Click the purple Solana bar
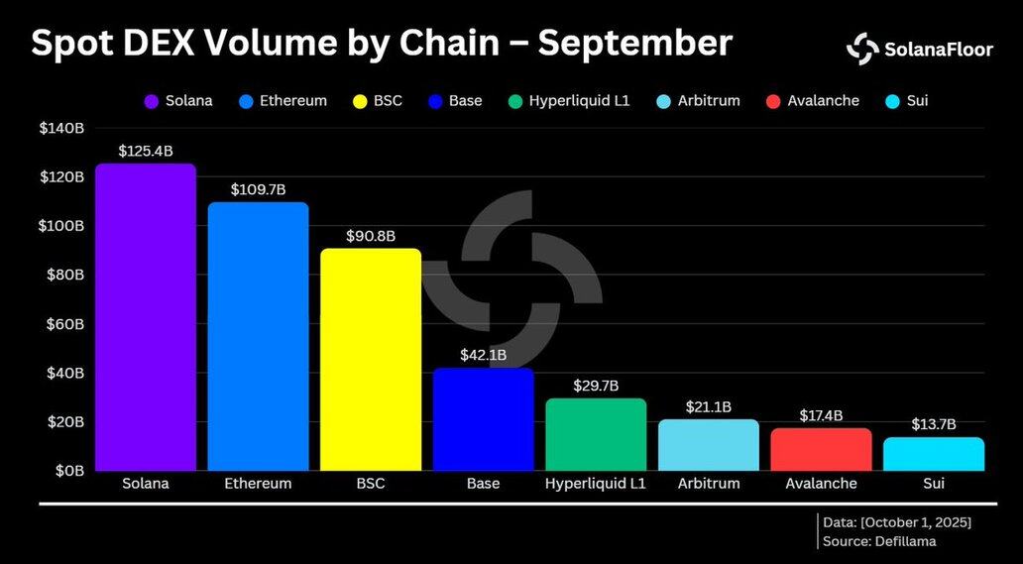[145, 317]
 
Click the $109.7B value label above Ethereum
[257, 188]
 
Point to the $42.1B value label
[483, 355]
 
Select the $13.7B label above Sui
[933, 424]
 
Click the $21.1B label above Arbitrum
[708, 406]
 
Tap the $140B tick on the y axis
[61, 128]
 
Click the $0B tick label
[68, 471]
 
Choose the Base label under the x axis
[483, 484]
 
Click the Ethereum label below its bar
[258, 484]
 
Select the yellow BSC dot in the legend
[361, 101]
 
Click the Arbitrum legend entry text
[709, 101]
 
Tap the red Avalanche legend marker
[774, 101]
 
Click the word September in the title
[635, 43]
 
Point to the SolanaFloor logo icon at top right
[862, 49]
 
